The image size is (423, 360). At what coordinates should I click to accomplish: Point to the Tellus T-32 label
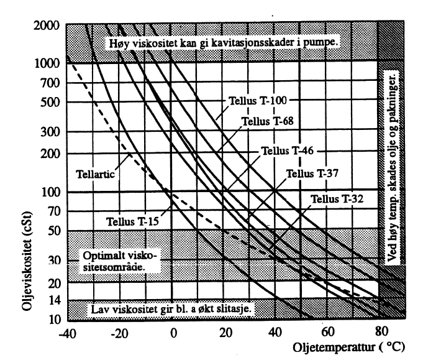pyautogui.click(x=336, y=199)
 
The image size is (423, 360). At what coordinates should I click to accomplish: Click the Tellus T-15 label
pyautogui.click(x=122, y=220)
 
